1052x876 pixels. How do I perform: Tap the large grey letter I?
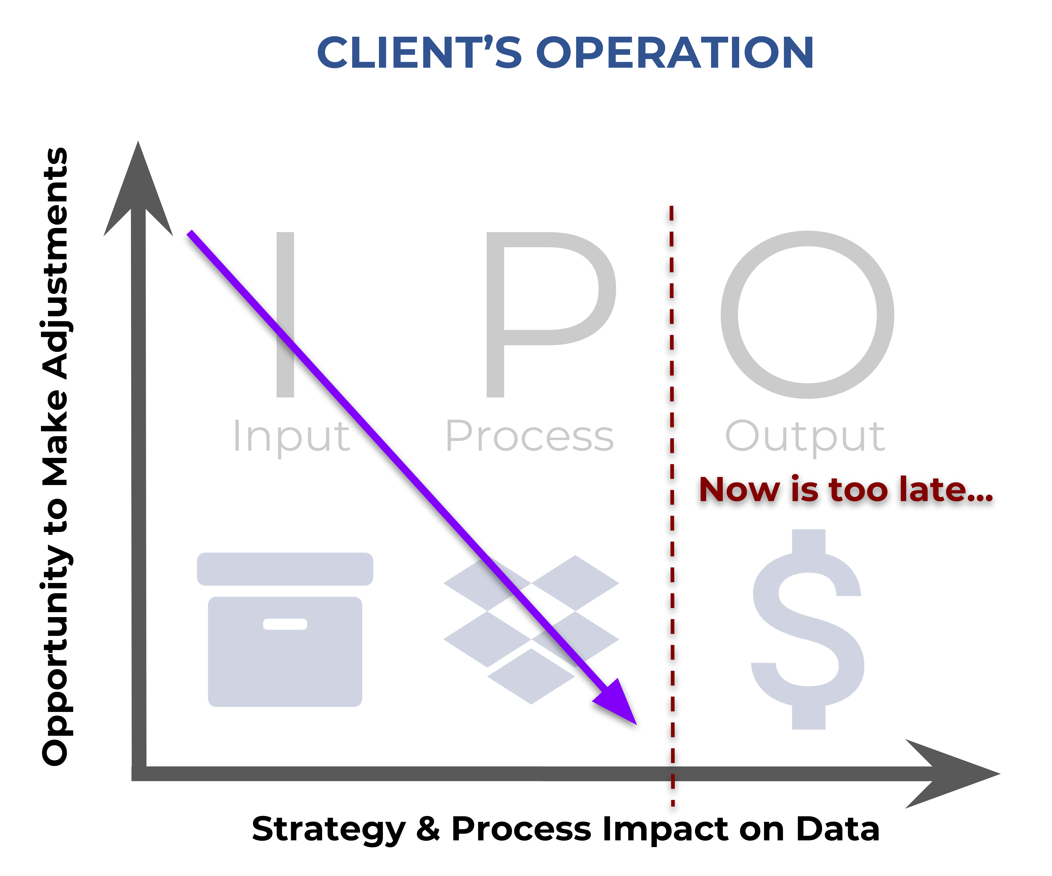point(286,315)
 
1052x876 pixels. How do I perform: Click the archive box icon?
point(285,629)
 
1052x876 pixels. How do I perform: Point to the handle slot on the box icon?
point(285,624)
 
